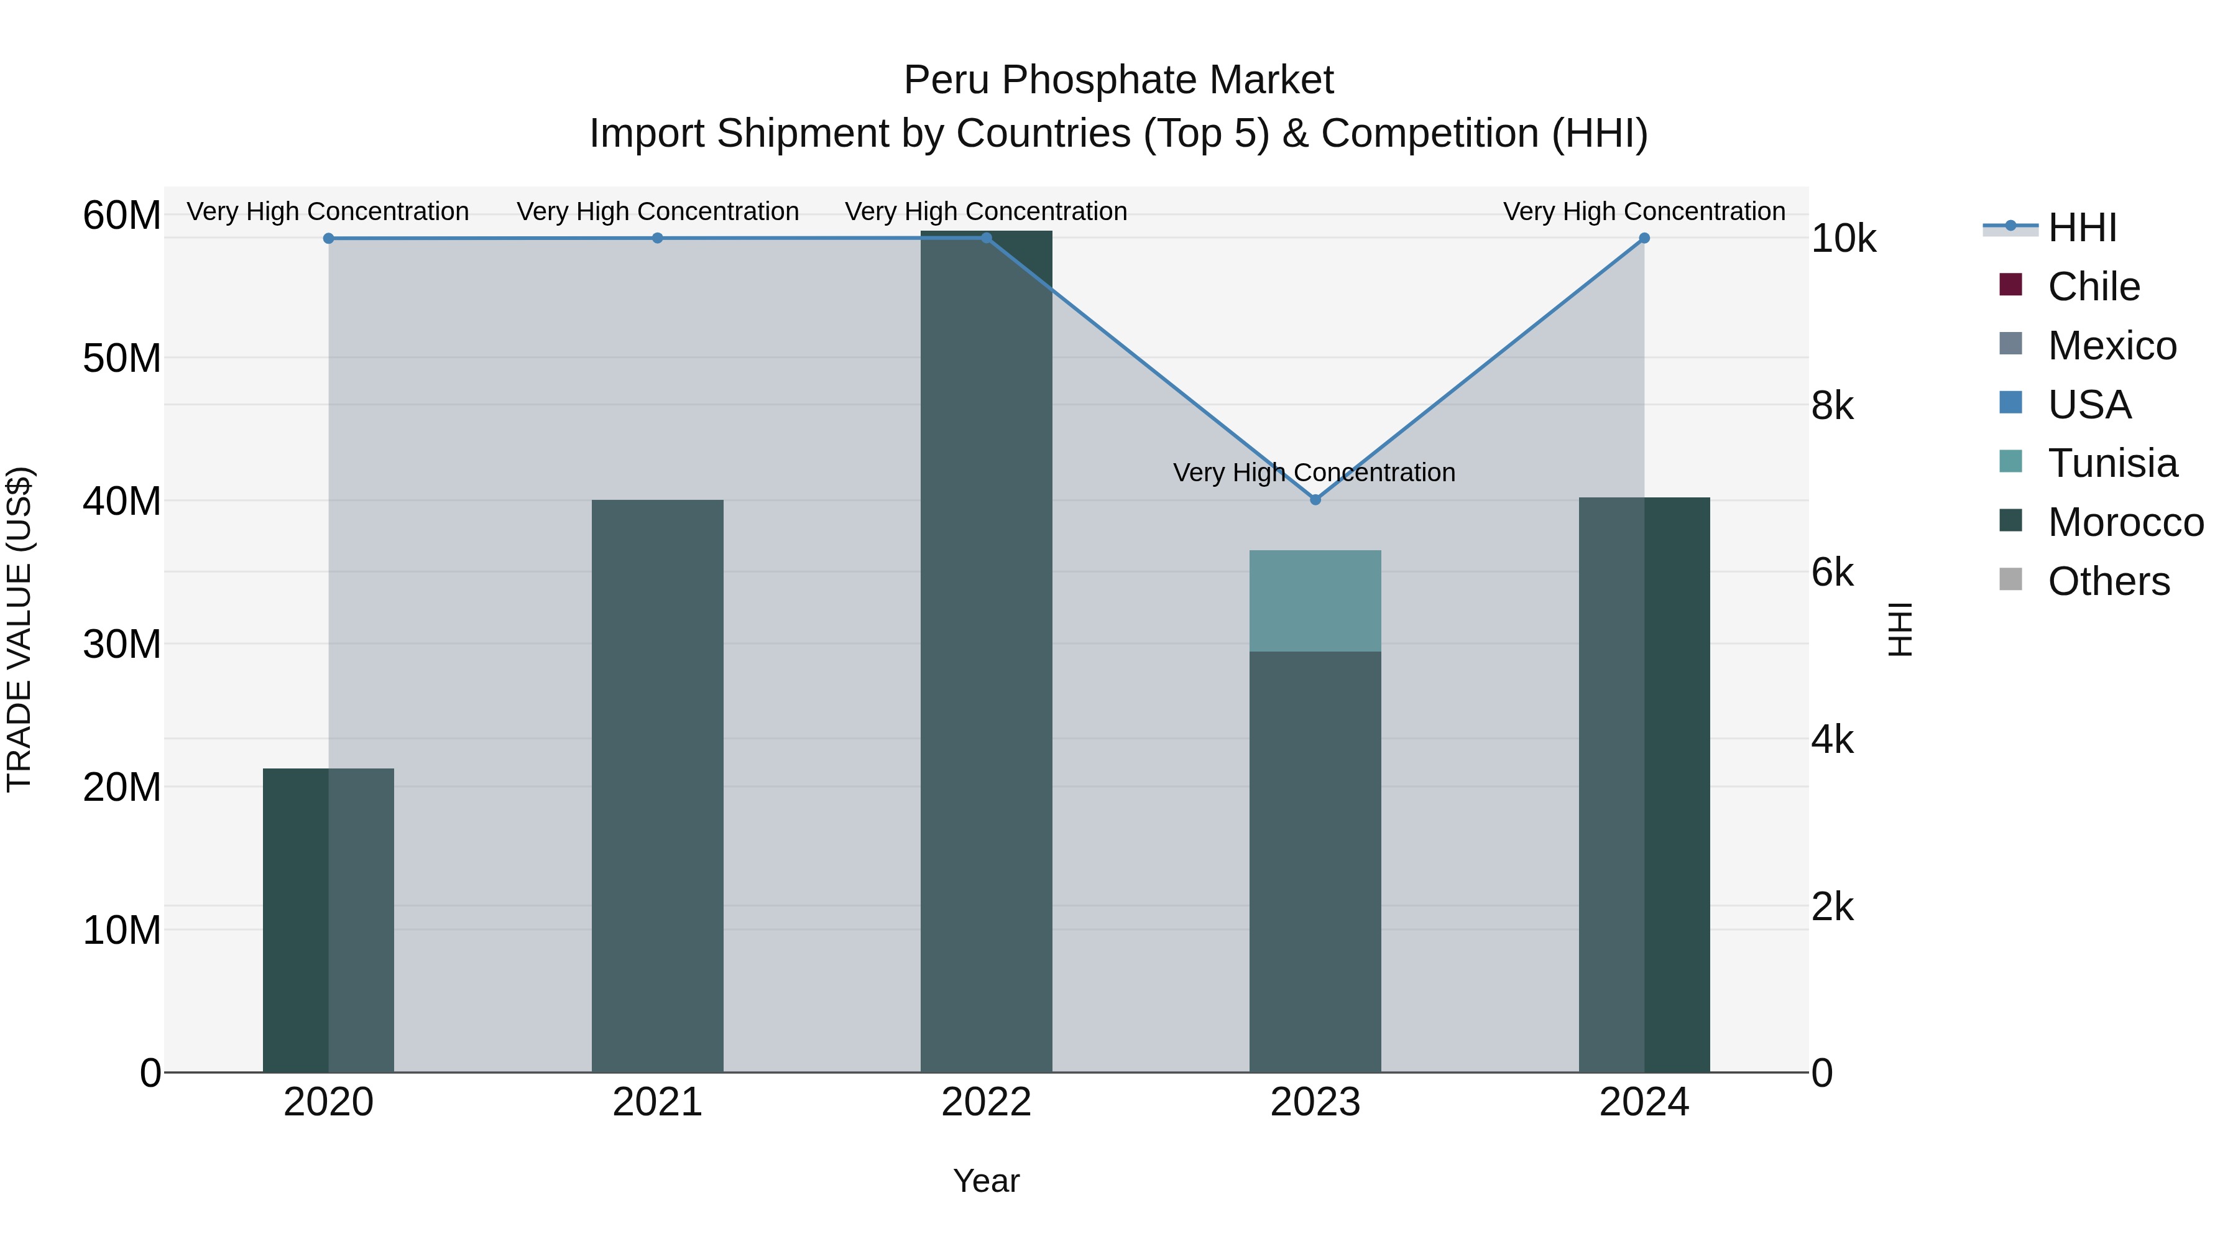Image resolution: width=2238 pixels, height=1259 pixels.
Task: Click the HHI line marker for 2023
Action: click(1314, 500)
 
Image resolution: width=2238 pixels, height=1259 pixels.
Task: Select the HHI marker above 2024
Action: click(1644, 238)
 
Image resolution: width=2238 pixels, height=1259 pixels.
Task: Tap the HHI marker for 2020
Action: click(328, 238)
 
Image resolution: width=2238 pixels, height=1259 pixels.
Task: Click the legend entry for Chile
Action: click(2093, 287)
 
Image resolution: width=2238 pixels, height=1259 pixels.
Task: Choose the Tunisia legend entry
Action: click(2112, 463)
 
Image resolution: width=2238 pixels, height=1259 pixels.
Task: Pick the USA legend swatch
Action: click(2010, 403)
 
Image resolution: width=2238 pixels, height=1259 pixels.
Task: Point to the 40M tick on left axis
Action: click(122, 501)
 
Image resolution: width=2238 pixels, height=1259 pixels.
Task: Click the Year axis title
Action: click(986, 1181)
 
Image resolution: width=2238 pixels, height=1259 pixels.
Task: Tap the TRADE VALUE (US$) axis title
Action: click(20, 629)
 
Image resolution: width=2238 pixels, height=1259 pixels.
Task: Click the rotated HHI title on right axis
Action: click(1900, 629)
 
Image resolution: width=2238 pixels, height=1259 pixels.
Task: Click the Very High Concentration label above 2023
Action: click(1314, 473)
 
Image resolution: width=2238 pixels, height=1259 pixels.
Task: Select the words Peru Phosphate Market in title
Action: click(1118, 80)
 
